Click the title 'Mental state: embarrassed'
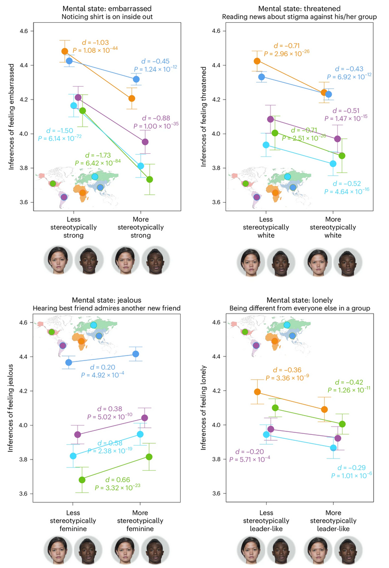coord(100,8)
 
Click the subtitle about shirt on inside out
coord(100,16)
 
